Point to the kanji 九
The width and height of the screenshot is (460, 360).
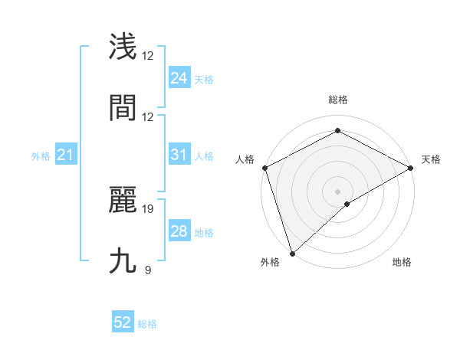tap(123, 260)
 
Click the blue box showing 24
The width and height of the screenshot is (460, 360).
tap(179, 78)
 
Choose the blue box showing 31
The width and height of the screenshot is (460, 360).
tap(179, 155)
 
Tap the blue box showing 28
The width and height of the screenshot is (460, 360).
tap(179, 231)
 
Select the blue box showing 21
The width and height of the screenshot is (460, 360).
tap(65, 155)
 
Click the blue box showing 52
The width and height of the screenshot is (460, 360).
tap(123, 323)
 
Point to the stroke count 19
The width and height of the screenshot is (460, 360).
tap(148, 208)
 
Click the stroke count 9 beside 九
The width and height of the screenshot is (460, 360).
tap(147, 270)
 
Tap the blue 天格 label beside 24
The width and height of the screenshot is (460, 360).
tap(203, 80)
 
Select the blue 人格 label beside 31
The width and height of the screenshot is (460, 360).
tap(203, 156)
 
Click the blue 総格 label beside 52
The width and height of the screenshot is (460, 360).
tap(147, 325)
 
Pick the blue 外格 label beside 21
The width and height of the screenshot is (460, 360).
tap(41, 156)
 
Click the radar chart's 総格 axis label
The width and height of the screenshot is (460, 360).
tap(337, 100)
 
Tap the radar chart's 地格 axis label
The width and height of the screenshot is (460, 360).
tap(402, 263)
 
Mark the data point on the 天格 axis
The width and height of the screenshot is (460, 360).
tap(411, 168)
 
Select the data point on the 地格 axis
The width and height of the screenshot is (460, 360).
tap(347, 204)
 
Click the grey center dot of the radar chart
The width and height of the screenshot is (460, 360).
tap(337, 191)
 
